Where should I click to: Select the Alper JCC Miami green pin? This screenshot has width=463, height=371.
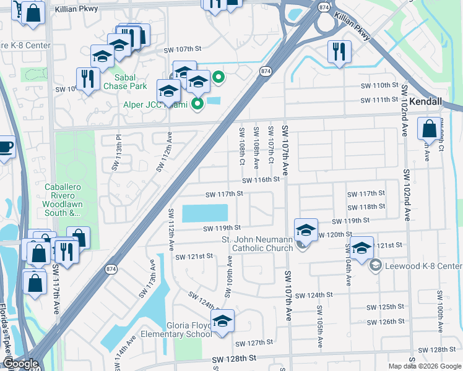[x=197, y=104]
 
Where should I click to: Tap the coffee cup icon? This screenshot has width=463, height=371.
[x=5, y=147]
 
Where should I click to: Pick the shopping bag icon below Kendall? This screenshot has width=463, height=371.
[x=429, y=129]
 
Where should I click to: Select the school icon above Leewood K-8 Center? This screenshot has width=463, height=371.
[x=362, y=247]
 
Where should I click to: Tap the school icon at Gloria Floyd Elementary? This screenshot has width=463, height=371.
[x=222, y=320]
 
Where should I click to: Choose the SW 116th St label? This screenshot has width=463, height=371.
[x=261, y=180]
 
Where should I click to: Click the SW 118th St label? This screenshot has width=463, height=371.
[x=366, y=207]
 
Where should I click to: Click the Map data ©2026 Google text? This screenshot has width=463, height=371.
[x=425, y=366]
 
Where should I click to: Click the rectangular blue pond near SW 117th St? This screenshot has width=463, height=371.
[x=204, y=213]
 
